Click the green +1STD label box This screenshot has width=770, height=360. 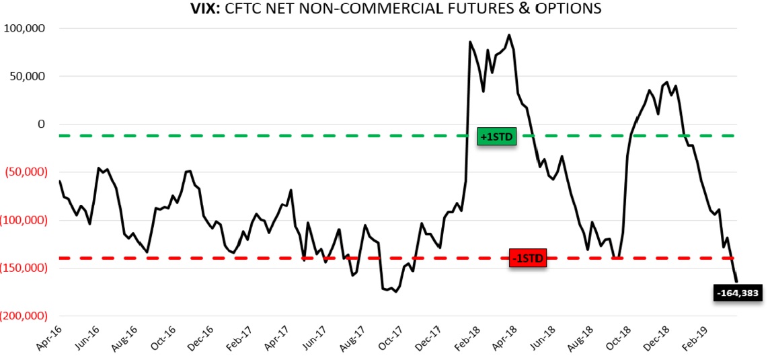(x=496, y=137)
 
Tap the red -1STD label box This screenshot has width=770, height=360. (x=528, y=258)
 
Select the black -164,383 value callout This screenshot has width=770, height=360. (x=738, y=293)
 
